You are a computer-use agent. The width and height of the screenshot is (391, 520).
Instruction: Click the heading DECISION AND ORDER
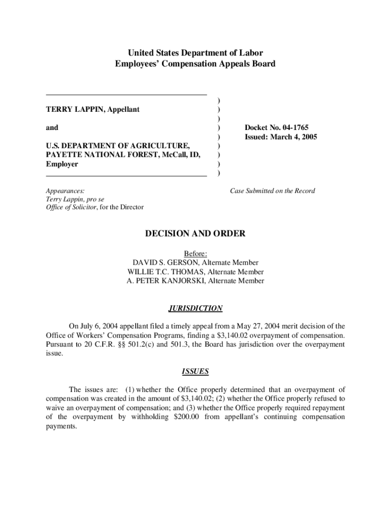pyautogui.click(x=195, y=234)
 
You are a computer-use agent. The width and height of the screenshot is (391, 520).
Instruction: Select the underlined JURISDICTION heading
pyautogui.click(x=195, y=308)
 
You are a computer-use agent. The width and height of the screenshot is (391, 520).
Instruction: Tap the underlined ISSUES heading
pyautogui.click(x=195, y=371)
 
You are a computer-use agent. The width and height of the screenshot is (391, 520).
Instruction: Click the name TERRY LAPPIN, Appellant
pyautogui.click(x=93, y=109)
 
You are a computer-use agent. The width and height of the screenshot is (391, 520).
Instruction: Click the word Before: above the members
pyautogui.click(x=195, y=253)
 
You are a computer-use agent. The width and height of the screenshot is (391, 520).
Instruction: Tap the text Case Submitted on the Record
pyautogui.click(x=273, y=191)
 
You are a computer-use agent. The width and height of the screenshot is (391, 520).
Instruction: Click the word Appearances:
pyautogui.click(x=66, y=191)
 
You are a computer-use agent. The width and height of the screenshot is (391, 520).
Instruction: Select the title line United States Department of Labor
pyautogui.click(x=195, y=53)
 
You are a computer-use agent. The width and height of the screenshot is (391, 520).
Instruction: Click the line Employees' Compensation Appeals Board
pyautogui.click(x=195, y=63)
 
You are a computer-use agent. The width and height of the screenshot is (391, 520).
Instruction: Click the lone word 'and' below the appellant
pyautogui.click(x=52, y=127)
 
